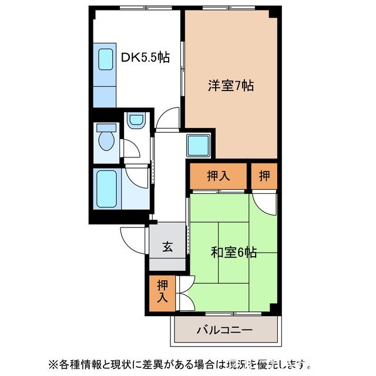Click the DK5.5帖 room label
(x=145, y=58)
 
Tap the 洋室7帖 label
(x=230, y=85)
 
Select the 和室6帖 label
(x=233, y=253)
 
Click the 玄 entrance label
(x=167, y=247)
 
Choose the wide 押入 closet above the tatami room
(x=217, y=176)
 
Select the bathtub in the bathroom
(x=106, y=189)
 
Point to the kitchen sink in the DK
(x=105, y=59)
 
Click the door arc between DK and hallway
(x=167, y=117)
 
